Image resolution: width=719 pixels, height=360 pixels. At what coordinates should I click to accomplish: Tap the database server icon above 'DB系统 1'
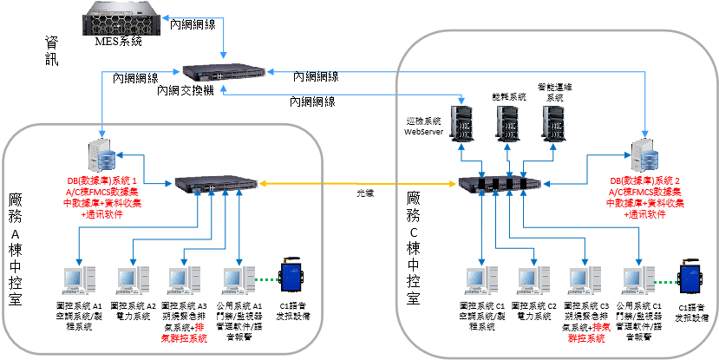click(103, 156)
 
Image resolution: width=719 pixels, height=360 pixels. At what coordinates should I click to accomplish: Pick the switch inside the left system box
click(216, 183)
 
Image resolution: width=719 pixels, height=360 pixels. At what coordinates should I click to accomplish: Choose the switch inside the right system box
click(501, 184)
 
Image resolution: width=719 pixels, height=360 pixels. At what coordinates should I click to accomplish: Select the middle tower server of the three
click(507, 125)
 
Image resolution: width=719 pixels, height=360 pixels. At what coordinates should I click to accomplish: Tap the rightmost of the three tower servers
click(552, 125)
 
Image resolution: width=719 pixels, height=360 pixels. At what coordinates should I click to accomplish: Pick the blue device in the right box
click(690, 277)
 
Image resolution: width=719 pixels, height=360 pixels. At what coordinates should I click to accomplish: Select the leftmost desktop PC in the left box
click(79, 280)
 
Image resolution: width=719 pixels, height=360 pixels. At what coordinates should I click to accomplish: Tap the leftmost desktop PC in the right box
click(480, 280)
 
